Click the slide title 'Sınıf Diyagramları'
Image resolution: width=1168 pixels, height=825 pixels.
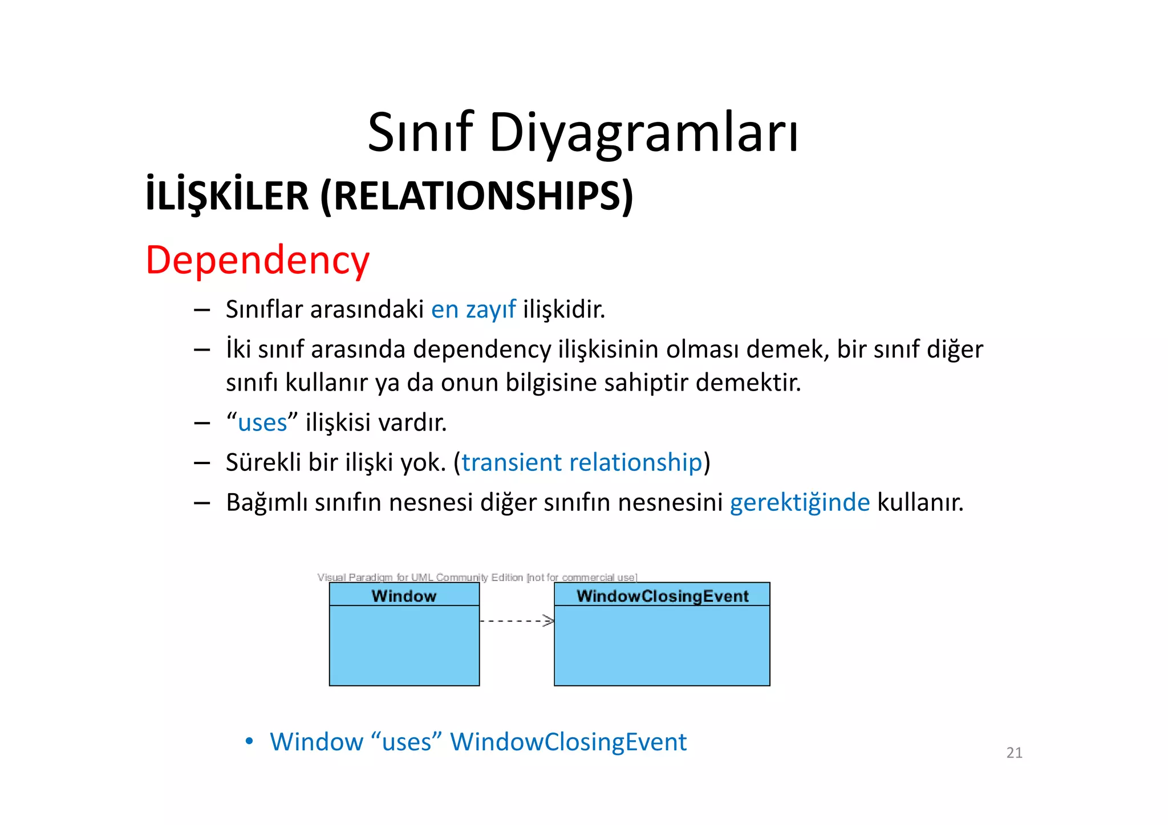point(583,132)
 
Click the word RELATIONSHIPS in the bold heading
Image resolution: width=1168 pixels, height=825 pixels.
point(477,196)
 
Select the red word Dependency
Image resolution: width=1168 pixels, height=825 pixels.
point(258,261)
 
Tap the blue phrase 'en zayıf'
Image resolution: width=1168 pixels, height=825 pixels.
point(473,310)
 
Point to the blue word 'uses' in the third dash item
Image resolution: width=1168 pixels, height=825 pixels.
point(262,423)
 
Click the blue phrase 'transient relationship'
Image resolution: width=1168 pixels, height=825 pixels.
point(582,462)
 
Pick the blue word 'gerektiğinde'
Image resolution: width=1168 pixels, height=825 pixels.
point(800,503)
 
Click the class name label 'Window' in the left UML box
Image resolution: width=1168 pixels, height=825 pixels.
point(404,596)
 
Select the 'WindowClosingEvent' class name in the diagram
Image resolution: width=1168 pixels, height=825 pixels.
point(662,596)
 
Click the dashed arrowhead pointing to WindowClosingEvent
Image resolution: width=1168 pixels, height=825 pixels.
point(549,621)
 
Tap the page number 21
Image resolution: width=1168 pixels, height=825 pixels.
point(1014,753)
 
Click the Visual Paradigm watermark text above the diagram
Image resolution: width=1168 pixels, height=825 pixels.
point(477,578)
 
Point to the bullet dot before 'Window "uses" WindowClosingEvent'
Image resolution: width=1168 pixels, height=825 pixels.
point(249,741)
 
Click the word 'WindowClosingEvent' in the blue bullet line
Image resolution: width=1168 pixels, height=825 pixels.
point(568,742)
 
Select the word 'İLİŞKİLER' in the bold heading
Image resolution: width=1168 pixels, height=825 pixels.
point(227,196)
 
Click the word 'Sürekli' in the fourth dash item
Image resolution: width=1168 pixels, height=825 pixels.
point(263,462)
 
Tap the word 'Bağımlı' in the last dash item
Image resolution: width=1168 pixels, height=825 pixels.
point(267,503)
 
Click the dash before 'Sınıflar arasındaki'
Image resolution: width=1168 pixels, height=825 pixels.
point(202,310)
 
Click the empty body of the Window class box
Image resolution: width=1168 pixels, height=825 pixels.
point(404,645)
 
